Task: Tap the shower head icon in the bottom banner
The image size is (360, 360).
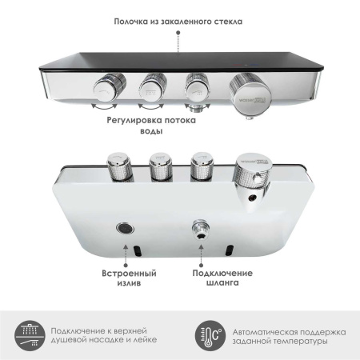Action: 27,331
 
